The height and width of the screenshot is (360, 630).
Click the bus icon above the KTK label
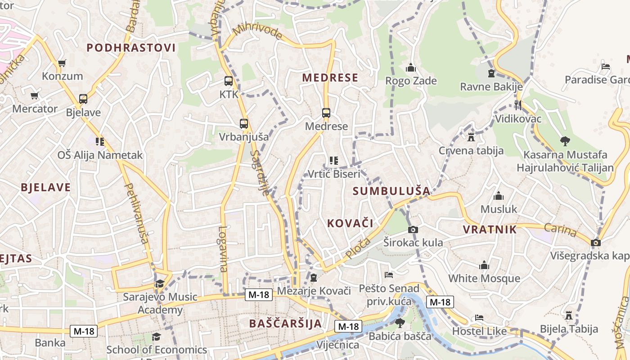tap(229, 81)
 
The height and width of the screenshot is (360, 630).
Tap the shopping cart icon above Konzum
tap(62, 63)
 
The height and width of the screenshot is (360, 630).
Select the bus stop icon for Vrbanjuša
tap(243, 123)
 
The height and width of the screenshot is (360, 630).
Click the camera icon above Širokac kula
tap(413, 229)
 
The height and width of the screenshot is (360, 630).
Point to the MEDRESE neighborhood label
tap(330, 78)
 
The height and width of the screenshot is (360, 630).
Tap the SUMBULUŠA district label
tap(391, 191)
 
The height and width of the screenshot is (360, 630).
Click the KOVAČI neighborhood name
tap(350, 223)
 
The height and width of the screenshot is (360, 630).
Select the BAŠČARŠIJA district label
tap(285, 323)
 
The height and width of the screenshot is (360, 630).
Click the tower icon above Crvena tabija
tap(471, 137)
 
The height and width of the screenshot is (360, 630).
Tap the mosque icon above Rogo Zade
tap(410, 68)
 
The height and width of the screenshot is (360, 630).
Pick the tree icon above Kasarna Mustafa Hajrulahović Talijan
tap(565, 141)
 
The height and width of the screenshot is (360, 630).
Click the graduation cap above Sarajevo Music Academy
tap(160, 283)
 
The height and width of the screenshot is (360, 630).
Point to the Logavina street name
tap(223, 248)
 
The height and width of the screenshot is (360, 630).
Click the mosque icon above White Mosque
tap(484, 265)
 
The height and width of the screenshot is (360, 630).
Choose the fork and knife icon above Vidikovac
tap(517, 105)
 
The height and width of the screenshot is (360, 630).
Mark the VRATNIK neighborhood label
tap(490, 229)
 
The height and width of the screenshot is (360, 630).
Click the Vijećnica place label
tap(338, 345)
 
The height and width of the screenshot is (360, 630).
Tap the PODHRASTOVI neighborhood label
tap(131, 48)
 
